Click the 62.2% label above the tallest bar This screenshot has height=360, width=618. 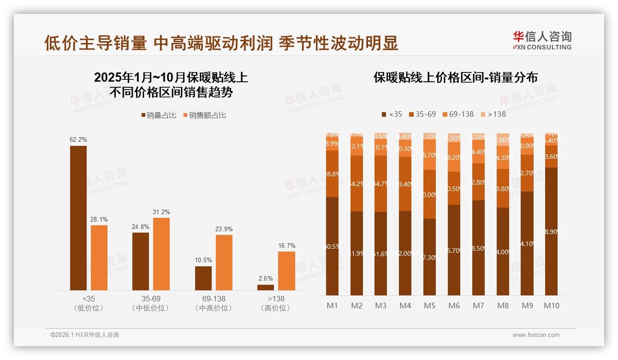(78, 139)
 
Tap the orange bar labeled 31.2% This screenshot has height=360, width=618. (161, 254)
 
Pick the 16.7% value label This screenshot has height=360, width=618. (286, 246)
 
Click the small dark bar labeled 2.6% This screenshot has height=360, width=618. (266, 288)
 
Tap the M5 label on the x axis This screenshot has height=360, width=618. (429, 306)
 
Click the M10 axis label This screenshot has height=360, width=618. (551, 306)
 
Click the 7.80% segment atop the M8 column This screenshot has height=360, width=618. (503, 139)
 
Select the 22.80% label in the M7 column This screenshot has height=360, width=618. (478, 182)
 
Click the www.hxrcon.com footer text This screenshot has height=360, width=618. (536, 335)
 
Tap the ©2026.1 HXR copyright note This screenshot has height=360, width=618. (85, 335)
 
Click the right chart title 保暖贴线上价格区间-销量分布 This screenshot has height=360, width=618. (455, 78)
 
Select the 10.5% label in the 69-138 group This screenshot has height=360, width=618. (203, 260)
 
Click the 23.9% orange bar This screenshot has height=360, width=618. (224, 263)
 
